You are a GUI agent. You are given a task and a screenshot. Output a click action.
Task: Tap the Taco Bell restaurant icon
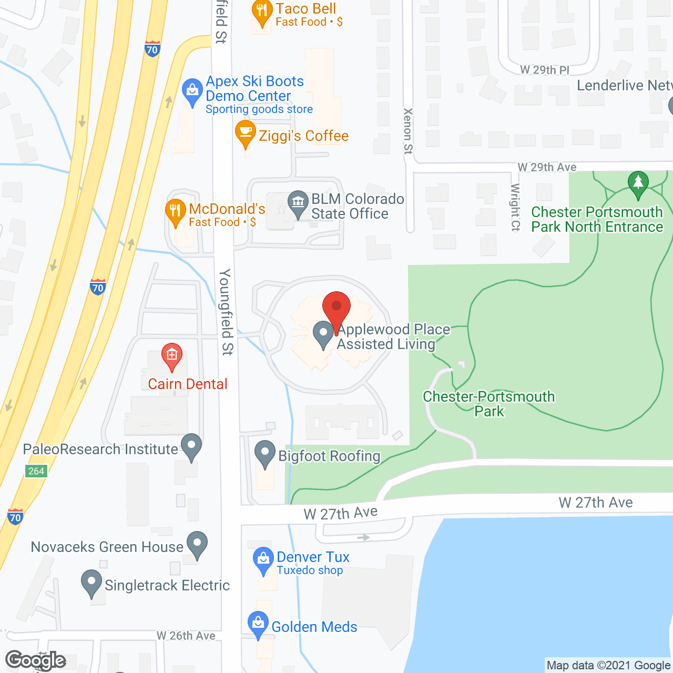coord(262,12)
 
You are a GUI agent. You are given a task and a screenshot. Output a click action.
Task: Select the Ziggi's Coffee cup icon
coord(245,132)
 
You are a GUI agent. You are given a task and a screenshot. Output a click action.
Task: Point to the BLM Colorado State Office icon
coord(298,202)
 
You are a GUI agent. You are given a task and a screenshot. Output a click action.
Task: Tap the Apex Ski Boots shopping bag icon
coord(192,90)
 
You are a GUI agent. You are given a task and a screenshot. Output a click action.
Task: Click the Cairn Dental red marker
coord(171,355)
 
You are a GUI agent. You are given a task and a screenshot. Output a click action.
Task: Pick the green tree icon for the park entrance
coord(638,183)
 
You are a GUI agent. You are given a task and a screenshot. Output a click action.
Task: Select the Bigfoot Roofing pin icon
coord(264,453)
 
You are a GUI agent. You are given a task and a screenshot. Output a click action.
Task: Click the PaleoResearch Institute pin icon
coord(191,446)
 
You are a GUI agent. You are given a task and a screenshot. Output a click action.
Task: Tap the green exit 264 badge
coord(36,471)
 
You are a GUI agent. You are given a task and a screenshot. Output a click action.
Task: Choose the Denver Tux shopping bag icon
coord(262,559)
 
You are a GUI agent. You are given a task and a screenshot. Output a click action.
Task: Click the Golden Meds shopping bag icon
coord(258,624)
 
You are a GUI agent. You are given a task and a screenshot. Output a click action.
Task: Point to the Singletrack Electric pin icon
coord(91,582)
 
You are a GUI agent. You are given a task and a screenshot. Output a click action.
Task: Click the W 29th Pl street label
coord(544,70)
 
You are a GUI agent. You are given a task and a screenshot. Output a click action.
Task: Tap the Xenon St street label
coord(408,131)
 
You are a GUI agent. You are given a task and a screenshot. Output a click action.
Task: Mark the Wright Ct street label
coord(515,207)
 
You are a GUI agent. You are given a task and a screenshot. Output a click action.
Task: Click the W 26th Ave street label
coord(186,636)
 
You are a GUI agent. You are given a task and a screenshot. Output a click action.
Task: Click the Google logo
coord(36,660)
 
